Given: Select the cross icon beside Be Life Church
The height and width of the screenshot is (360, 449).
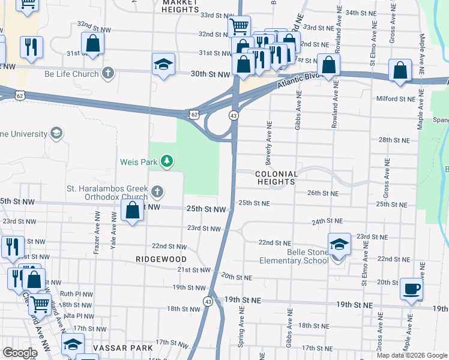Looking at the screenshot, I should (x=108, y=74).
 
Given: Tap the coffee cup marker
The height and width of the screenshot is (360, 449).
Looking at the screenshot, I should (x=411, y=289).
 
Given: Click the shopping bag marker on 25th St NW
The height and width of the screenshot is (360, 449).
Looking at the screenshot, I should (x=133, y=211).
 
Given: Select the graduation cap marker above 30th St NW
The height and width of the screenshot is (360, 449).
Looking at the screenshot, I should (x=163, y=65).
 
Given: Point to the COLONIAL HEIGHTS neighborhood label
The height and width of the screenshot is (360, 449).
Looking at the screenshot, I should (x=276, y=178).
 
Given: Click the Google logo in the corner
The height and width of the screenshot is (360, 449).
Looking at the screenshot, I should (x=20, y=353).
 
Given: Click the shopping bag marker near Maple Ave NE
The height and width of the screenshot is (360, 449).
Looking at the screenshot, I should (x=400, y=71).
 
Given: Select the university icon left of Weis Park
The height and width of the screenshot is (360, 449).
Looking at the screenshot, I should (x=56, y=133).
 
